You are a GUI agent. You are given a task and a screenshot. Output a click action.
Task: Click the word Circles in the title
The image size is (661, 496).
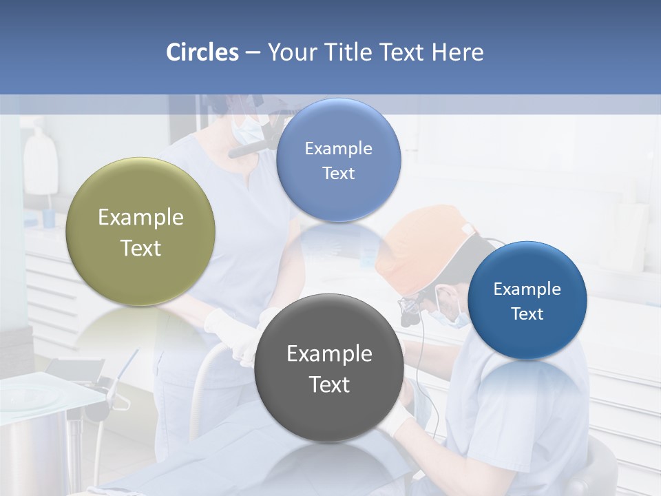[x=202, y=52]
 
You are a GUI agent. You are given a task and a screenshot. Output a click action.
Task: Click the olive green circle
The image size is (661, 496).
[x=140, y=231]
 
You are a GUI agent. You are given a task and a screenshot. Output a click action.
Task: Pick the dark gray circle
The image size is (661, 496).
[x=328, y=368]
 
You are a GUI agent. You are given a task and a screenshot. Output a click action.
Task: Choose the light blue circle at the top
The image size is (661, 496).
[x=338, y=160]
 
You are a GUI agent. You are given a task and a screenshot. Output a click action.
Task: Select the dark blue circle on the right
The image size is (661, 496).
[x=527, y=300]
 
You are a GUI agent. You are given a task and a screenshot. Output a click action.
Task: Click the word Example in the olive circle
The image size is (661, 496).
[x=140, y=218]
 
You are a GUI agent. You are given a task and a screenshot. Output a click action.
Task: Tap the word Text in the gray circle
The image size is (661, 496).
[x=329, y=384]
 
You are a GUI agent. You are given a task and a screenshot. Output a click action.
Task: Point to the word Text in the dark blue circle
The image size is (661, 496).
[x=527, y=313]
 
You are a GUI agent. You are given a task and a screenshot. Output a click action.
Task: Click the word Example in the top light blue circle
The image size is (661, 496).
[x=338, y=148]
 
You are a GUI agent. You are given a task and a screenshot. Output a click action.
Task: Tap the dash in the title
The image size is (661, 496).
[x=253, y=52]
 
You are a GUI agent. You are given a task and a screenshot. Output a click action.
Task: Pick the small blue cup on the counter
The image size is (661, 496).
[x=49, y=218]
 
